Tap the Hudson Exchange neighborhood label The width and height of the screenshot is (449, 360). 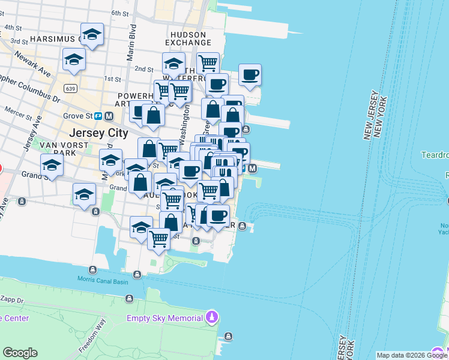pos(188,39)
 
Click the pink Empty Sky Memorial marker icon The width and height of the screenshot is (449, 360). pos(211,316)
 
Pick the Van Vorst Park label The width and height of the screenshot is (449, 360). pos(58,149)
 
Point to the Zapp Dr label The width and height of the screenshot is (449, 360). pos(11,299)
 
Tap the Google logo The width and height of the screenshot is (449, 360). pos(20,353)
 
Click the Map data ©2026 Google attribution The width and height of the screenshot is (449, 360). pos(412,355)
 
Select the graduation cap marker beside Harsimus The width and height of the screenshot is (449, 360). pos(92,35)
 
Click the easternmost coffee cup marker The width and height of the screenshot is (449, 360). pos(250,75)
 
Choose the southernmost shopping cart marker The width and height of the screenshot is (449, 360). pos(158,238)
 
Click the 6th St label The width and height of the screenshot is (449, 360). pos(120,13)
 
